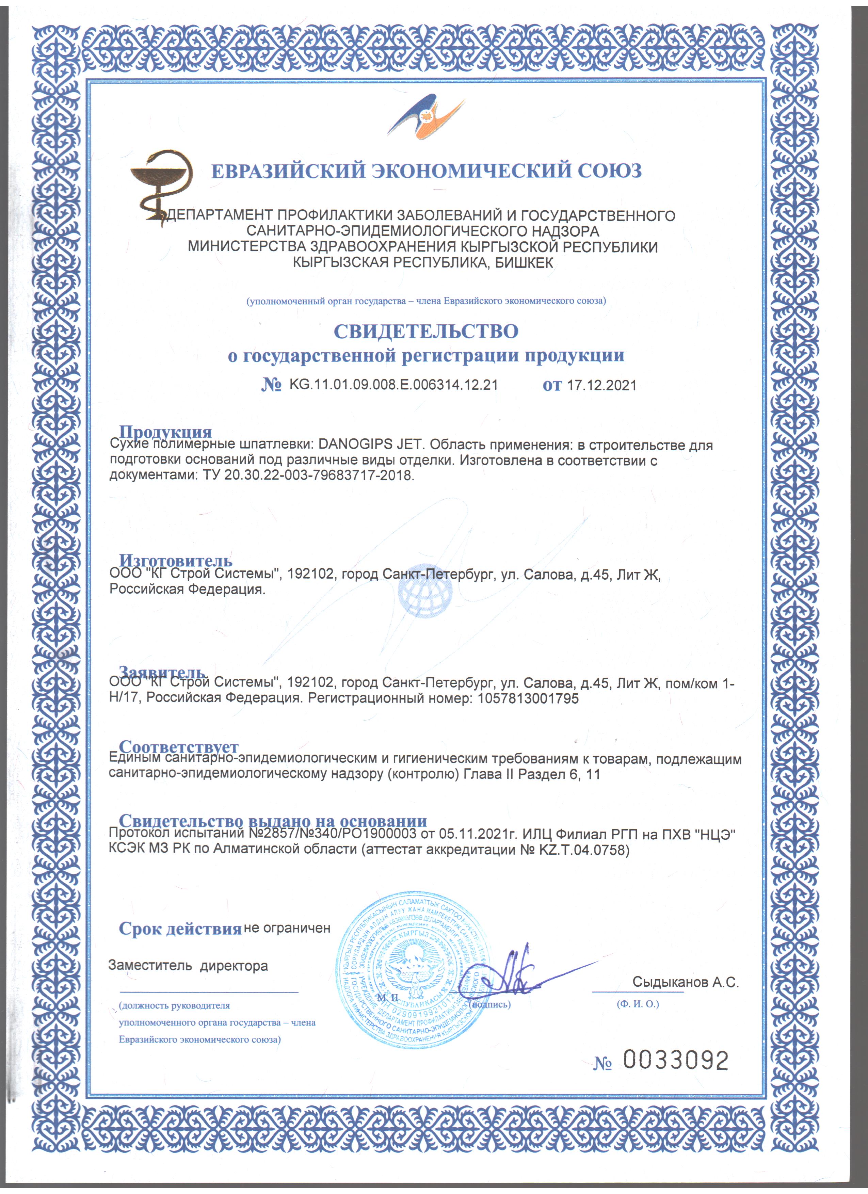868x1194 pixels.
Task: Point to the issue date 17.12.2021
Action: (x=602, y=385)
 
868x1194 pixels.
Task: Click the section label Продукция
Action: (x=165, y=432)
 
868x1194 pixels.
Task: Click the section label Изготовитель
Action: (x=175, y=560)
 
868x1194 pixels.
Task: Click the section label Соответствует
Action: (x=178, y=746)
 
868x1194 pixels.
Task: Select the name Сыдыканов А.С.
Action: (x=685, y=982)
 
